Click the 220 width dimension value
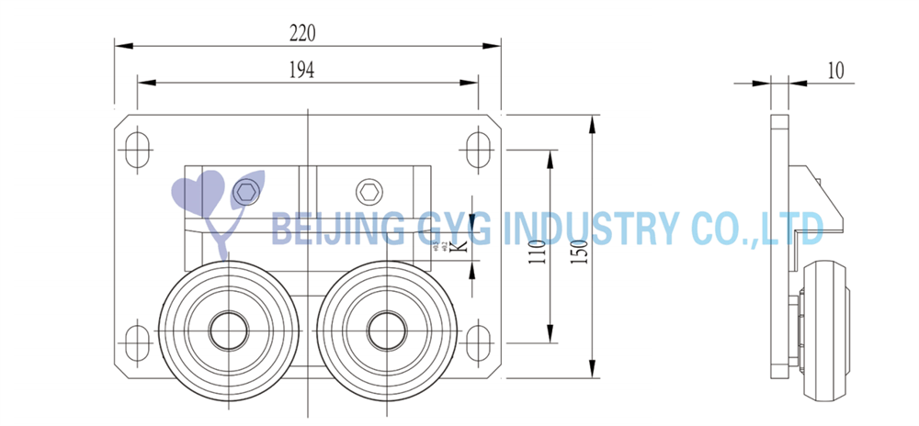(x=302, y=33)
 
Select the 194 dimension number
(x=302, y=71)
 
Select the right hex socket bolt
(x=369, y=192)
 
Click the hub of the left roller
(x=226, y=330)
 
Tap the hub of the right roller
(x=385, y=330)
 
